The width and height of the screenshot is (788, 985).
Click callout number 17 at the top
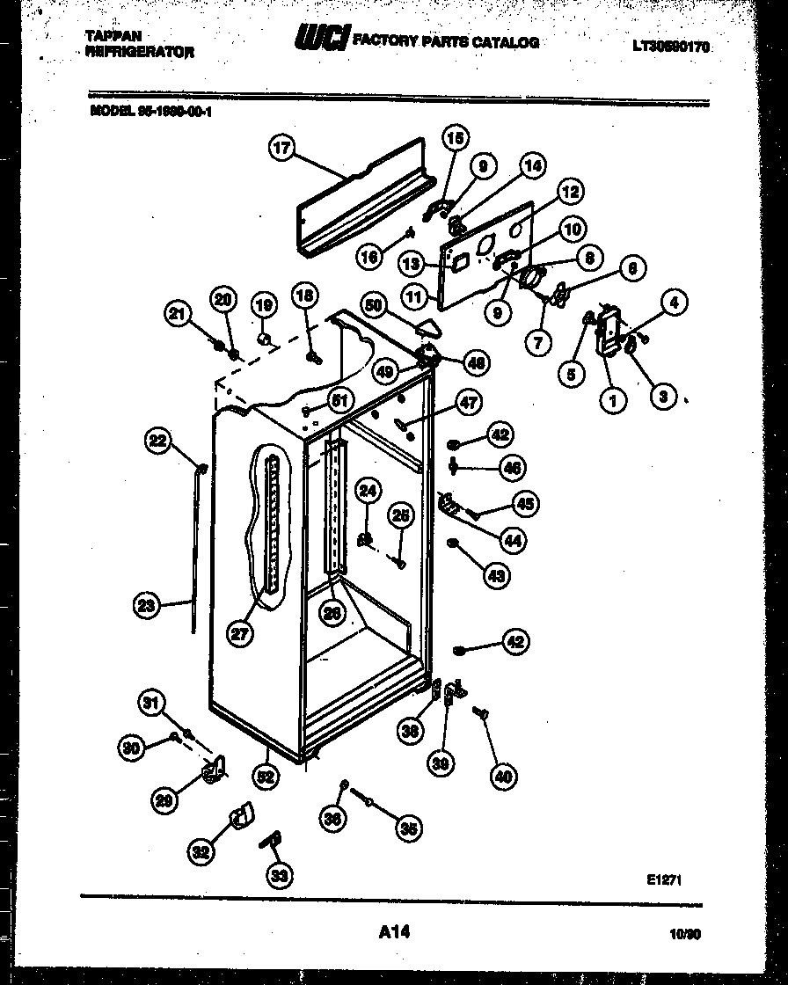click(281, 149)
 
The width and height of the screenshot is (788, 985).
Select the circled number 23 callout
click(147, 604)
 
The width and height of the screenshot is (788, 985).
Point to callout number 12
click(571, 192)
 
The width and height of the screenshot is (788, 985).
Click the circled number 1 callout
click(612, 401)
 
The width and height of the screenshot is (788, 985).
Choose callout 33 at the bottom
click(280, 875)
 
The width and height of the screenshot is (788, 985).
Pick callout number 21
click(180, 313)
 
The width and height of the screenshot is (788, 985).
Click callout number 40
click(504, 776)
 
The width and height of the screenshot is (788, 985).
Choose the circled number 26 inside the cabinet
click(332, 614)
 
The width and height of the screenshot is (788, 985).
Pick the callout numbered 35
click(408, 828)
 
